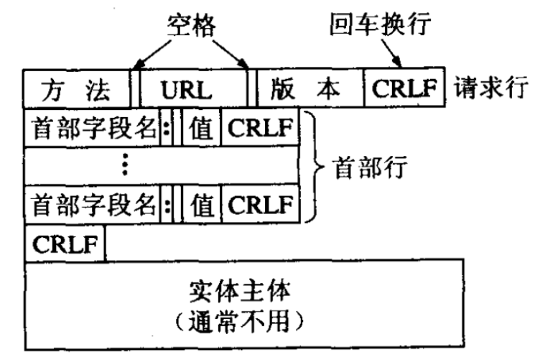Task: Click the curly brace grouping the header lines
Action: (x=310, y=167)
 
